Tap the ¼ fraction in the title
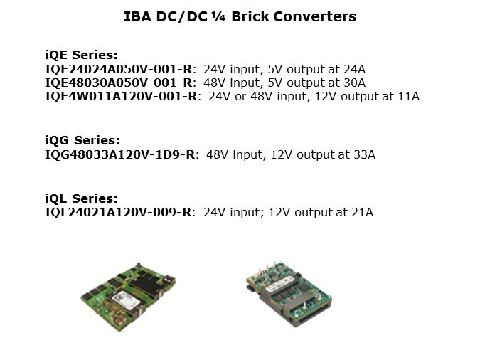(218, 17)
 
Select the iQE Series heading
(82, 55)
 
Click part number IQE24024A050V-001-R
(119, 69)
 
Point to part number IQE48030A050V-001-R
(119, 83)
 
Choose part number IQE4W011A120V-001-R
(121, 96)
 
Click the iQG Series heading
(82, 140)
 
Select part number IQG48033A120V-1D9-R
(120, 154)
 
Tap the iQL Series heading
(82, 198)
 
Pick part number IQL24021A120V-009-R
(118, 212)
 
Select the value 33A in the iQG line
(365, 154)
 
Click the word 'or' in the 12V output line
(240, 97)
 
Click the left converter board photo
(129, 297)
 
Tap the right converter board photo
(289, 294)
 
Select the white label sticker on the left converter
(126, 300)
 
